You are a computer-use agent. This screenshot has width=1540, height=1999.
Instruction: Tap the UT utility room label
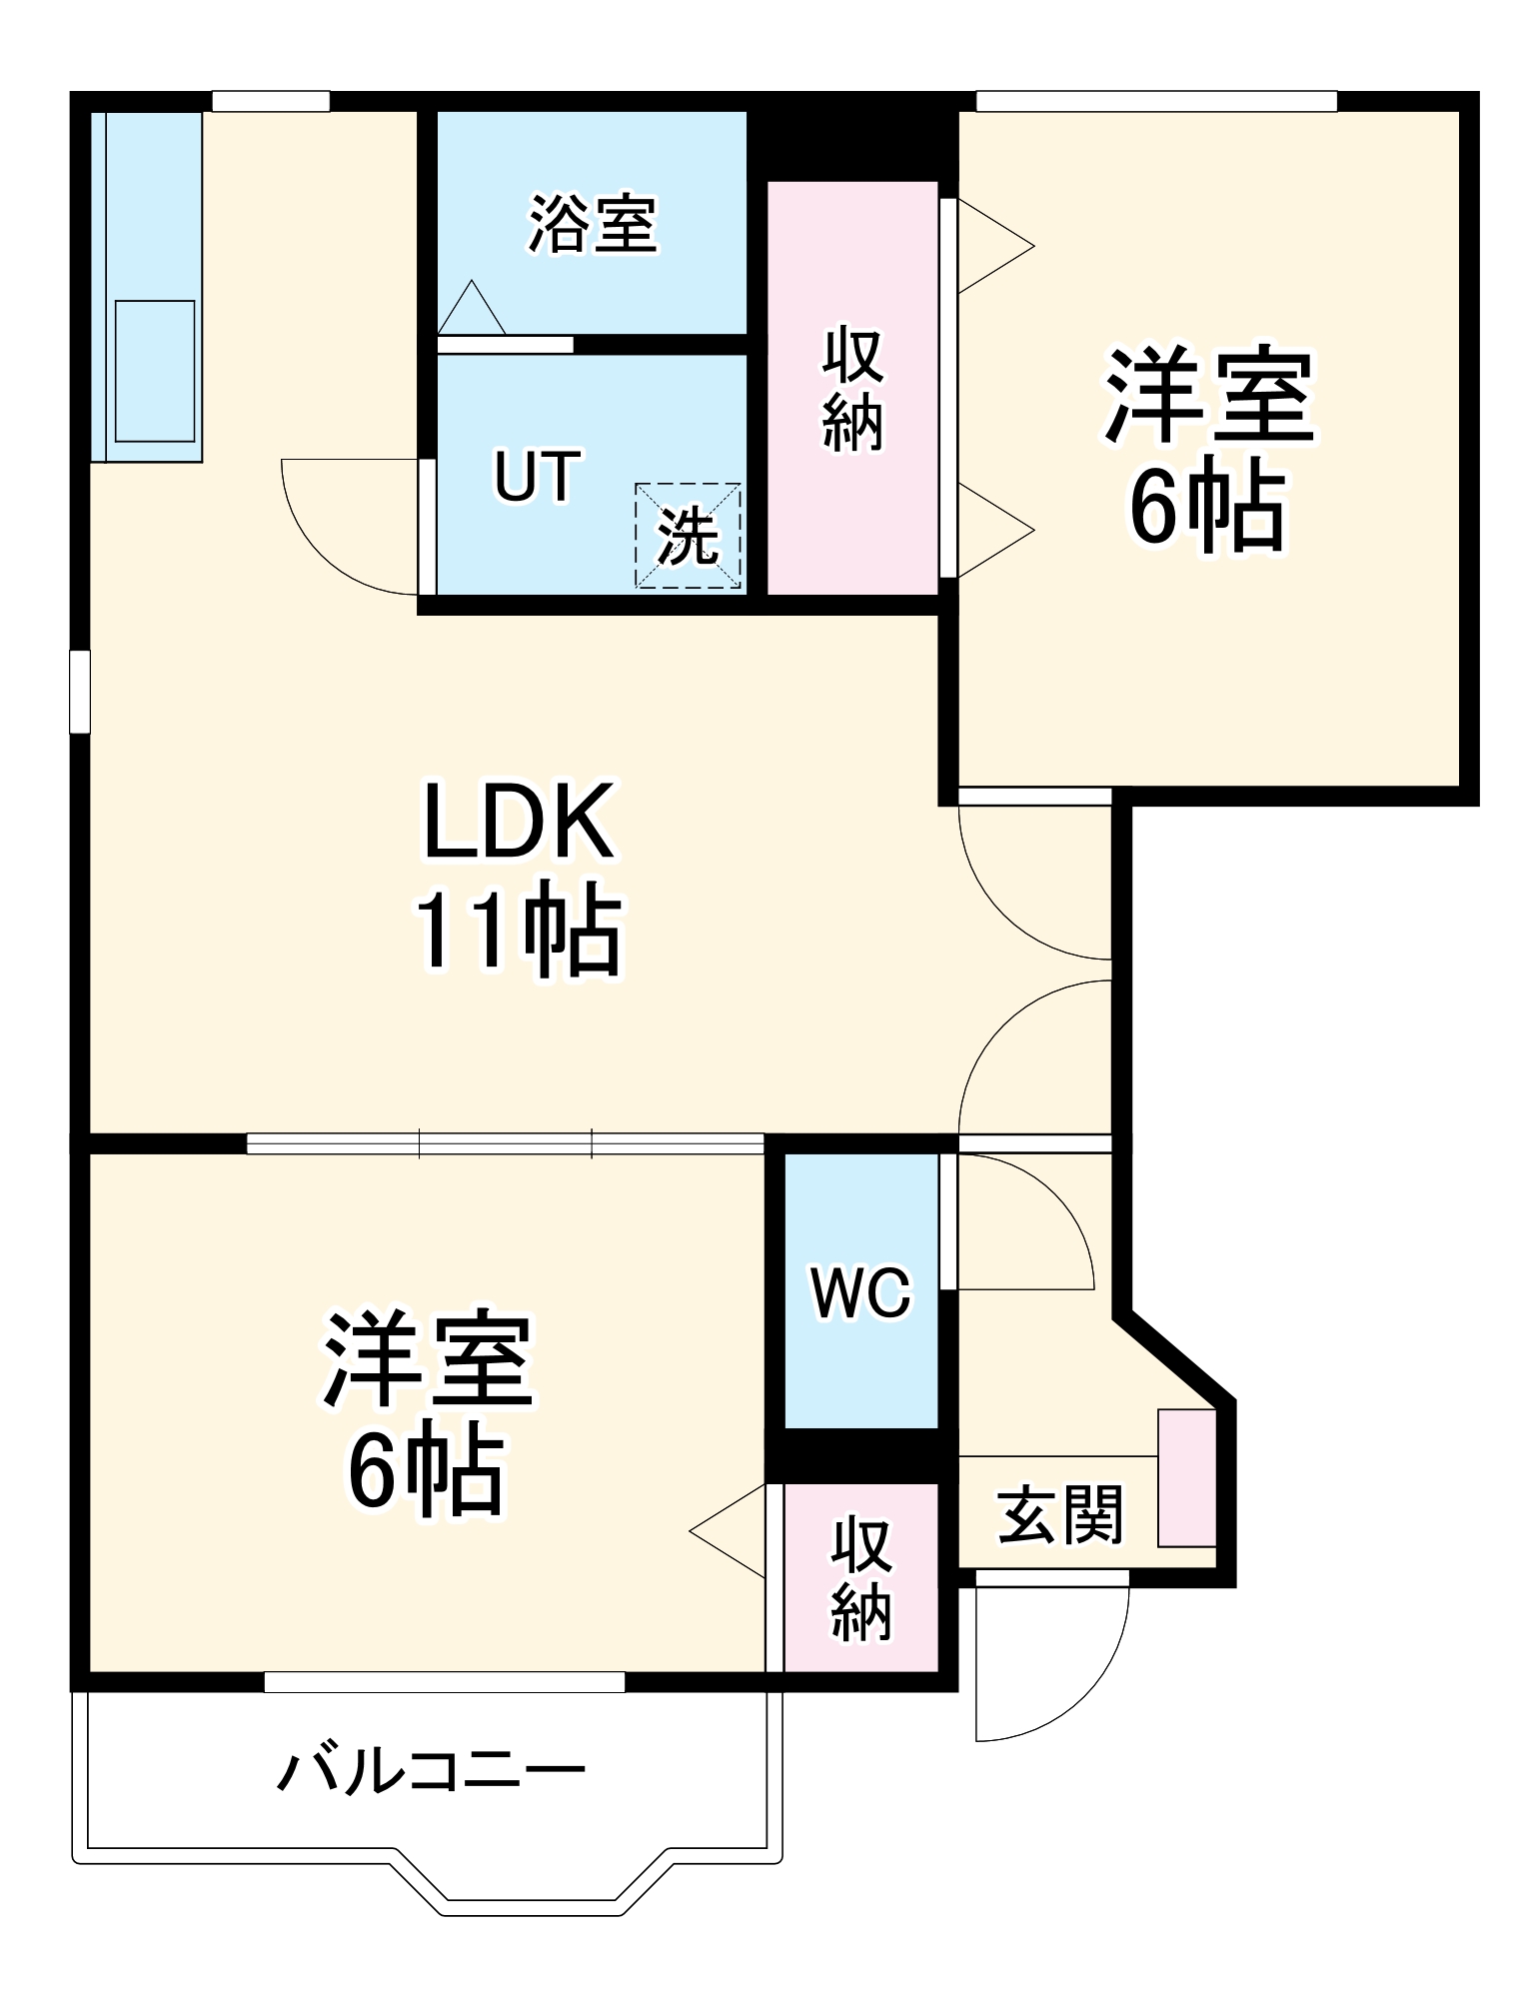point(538,476)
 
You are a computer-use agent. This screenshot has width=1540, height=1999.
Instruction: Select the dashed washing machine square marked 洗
point(689,536)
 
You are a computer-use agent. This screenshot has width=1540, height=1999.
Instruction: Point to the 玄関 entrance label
point(1061,1514)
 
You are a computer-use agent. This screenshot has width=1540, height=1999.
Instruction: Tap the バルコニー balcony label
point(431,1772)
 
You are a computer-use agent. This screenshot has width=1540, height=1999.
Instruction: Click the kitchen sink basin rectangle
point(155,371)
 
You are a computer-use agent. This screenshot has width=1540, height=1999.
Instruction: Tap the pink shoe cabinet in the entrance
point(1187,1478)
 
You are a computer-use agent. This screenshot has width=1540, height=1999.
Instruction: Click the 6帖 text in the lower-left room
point(424,1469)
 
